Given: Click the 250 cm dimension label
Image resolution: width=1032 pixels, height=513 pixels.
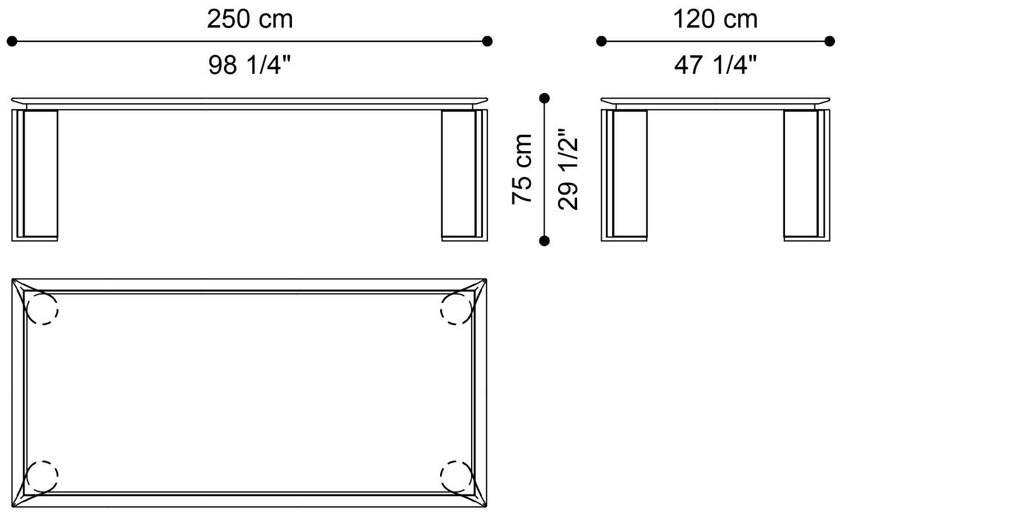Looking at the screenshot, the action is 250,19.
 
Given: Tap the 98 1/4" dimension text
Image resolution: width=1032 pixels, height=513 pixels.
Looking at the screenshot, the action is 250,65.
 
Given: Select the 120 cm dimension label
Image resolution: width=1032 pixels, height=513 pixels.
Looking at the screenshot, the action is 716,19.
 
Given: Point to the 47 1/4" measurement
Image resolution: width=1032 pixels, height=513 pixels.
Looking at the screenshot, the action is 716,65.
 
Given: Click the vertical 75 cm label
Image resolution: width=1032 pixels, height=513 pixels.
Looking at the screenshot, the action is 522,169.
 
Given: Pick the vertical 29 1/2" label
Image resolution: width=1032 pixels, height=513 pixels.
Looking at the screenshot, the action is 568,169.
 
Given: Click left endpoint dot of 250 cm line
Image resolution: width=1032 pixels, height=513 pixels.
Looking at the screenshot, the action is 12,41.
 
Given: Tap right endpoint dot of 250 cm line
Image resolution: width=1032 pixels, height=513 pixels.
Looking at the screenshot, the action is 487,41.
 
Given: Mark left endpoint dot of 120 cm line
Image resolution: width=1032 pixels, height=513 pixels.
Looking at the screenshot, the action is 602,41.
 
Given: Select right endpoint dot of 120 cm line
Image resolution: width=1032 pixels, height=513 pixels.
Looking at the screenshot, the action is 830,41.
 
